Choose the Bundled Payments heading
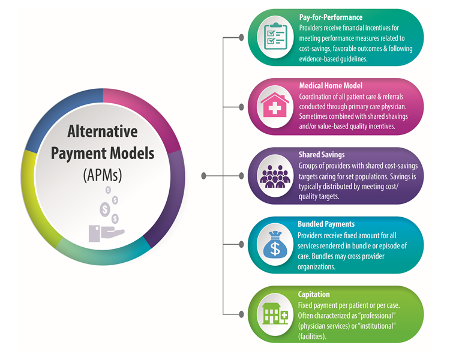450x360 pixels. point(326,224)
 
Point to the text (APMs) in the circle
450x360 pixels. point(102,175)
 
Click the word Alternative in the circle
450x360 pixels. point(102,131)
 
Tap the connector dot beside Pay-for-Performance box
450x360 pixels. point(241,37)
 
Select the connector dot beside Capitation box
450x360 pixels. point(241,313)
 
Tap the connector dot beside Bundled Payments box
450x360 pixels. point(241,244)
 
